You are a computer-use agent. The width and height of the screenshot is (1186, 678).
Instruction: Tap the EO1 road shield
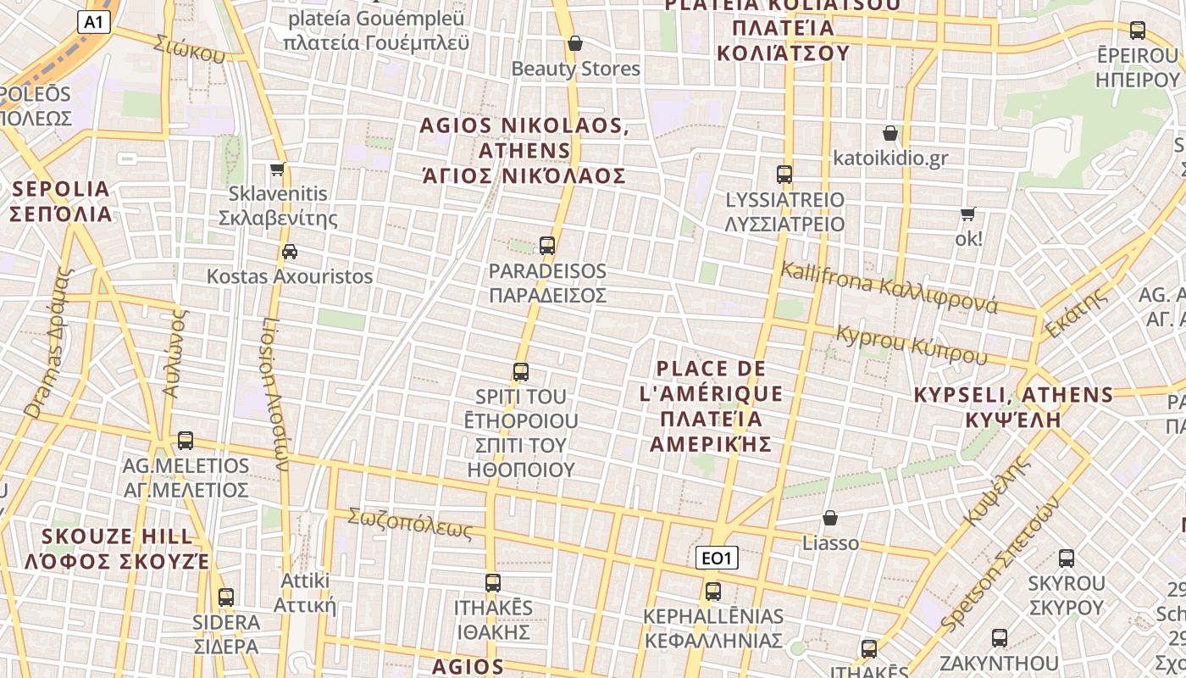tap(718, 558)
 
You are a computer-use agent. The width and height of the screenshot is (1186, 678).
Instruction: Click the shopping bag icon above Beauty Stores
tap(575, 43)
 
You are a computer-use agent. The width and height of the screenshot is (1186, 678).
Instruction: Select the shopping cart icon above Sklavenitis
tap(277, 169)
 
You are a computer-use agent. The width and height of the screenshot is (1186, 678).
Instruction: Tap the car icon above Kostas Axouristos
tap(290, 252)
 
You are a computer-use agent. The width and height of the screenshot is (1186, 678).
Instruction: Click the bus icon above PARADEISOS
tap(547, 246)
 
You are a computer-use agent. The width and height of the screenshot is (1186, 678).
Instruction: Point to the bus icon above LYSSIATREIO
tap(784, 175)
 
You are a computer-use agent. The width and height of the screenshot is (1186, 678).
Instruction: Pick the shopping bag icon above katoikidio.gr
tap(890, 133)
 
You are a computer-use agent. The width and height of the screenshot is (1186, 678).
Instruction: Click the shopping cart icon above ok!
tap(967, 214)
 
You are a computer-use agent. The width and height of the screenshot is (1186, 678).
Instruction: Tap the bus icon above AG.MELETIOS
tap(186, 441)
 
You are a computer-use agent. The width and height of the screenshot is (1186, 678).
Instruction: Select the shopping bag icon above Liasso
tap(830, 518)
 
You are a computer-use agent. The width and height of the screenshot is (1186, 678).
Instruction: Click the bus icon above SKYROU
tap(1067, 559)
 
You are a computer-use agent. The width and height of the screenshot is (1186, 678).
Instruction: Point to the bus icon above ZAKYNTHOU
tap(1000, 638)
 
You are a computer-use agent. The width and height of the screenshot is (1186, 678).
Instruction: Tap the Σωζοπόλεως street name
tap(409, 522)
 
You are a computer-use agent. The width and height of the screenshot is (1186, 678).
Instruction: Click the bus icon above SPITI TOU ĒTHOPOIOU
tap(521, 372)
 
